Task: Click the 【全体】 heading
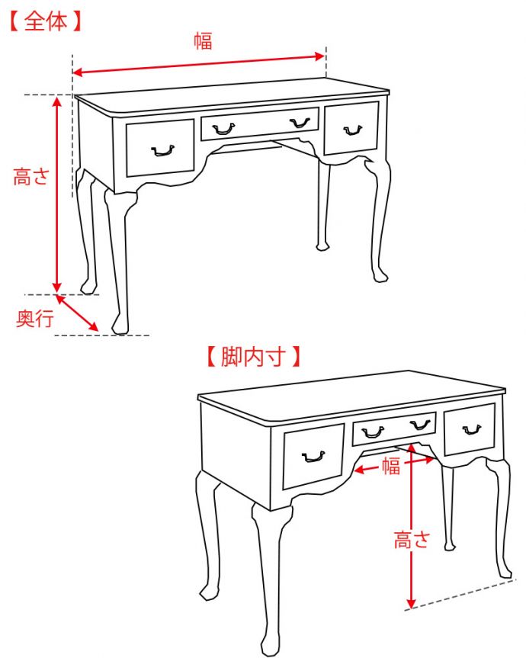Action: [46, 21]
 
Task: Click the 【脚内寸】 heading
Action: [254, 357]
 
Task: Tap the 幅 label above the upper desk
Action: [203, 41]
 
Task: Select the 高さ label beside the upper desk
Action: [31, 177]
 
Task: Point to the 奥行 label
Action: [35, 319]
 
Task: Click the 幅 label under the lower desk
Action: [390, 466]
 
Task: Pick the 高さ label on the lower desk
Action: [412, 540]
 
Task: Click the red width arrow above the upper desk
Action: [198, 64]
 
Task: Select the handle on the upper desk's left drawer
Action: [162, 151]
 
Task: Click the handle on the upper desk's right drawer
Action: [353, 130]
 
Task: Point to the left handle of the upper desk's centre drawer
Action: [223, 128]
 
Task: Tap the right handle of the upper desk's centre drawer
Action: [300, 123]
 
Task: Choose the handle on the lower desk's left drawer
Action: [313, 457]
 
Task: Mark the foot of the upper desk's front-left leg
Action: [120, 326]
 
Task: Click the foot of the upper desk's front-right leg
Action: [380, 275]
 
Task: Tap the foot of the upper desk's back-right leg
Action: [322, 245]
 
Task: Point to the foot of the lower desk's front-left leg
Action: [268, 647]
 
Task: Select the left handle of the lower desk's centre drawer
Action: [373, 432]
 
